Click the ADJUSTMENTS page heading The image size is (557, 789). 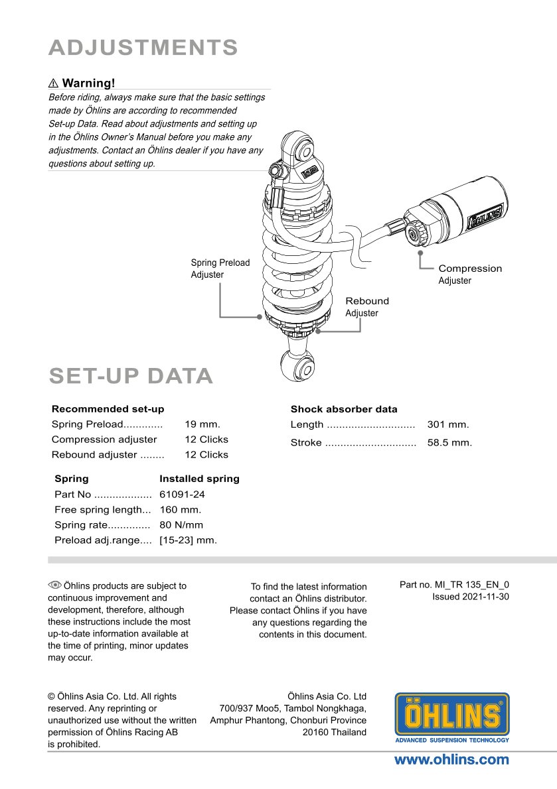pos(143,48)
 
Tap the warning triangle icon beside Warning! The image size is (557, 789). pos(54,84)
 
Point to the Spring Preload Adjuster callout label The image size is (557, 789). pos(220,269)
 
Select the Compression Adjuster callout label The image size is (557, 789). pos(469,274)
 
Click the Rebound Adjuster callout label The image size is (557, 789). pos(366,307)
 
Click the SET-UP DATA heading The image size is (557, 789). pos(131,376)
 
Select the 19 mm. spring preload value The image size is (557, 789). pos(202,424)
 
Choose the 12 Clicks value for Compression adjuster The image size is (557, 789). pos(206,440)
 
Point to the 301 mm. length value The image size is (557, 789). pos(448,424)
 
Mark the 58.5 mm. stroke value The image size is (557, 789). pos(449,442)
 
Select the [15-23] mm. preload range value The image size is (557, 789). pos(188,540)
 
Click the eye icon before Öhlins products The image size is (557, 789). pos(54,585)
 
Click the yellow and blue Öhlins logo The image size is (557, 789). pos(452,717)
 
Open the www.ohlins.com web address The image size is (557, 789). pos(451,760)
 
